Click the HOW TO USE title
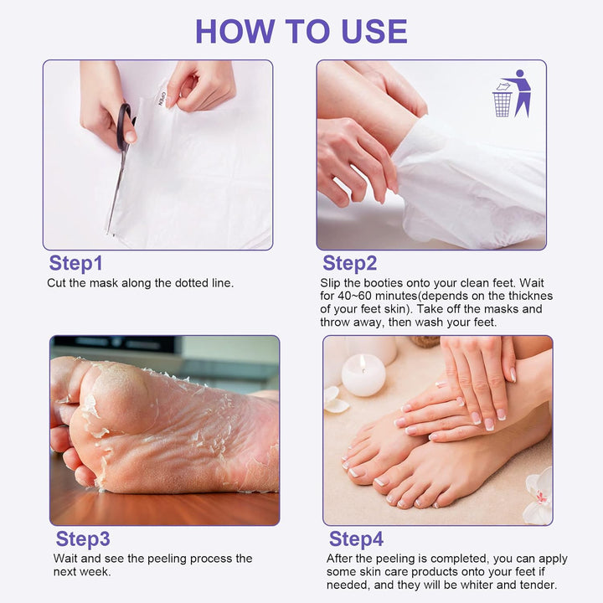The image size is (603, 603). [301, 31]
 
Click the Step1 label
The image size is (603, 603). [75, 263]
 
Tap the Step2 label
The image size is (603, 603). [349, 263]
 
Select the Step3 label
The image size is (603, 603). [82, 539]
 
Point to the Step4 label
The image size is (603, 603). [356, 539]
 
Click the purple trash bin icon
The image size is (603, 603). [502, 103]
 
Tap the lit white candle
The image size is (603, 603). [363, 375]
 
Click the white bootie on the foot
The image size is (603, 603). [469, 184]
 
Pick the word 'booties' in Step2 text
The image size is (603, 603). [379, 284]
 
